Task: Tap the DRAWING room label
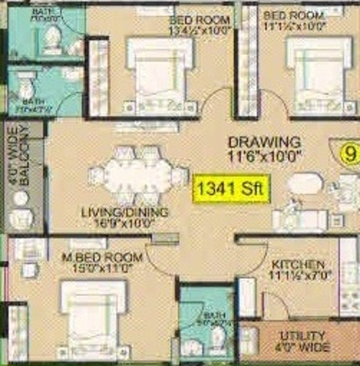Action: pos(264,141)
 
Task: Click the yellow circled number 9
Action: pos(351,153)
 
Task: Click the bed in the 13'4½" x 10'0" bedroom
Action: pos(159,72)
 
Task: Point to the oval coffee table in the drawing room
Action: pos(305,184)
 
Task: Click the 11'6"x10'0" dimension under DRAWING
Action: pos(264,154)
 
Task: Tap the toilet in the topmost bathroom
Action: pos(51,40)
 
